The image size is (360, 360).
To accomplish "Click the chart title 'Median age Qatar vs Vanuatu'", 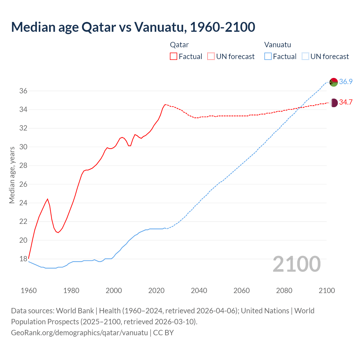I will point(133,27).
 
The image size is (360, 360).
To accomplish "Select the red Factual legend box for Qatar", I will point(174,56).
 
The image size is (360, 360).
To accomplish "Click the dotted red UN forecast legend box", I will point(211,56).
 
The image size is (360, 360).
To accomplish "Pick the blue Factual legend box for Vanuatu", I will point(268,56).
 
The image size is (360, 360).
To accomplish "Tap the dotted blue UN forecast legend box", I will point(305,56).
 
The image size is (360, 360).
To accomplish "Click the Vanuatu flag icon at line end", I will point(334,82).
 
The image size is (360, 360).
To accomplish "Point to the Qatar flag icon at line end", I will point(334,103).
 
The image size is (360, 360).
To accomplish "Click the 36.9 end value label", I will point(346,82).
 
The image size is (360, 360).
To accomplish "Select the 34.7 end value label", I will point(346,102).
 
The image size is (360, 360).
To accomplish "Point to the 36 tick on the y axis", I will point(23,91).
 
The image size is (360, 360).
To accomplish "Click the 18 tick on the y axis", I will point(23,259).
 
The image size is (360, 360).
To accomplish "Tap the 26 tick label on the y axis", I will point(23,184).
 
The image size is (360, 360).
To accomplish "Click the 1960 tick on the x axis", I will point(29,291).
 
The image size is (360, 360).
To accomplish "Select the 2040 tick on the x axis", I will point(199,291).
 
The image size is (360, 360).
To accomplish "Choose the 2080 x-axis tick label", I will point(284,291).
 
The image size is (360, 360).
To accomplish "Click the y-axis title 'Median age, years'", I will point(12,175).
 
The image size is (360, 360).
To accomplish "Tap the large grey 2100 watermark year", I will point(297,264).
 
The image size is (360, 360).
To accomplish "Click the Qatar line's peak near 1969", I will point(48,199).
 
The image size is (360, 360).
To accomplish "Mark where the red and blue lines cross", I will point(299,107).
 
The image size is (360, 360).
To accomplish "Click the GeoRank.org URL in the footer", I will point(79,333).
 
